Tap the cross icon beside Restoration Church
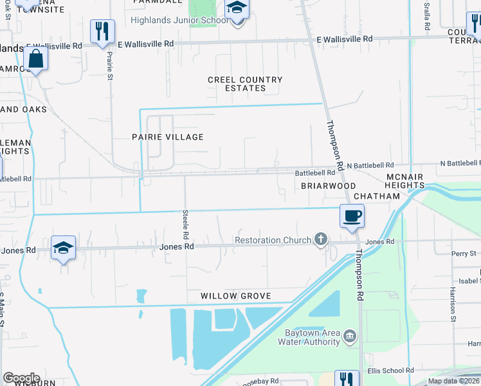pyautogui.click(x=320, y=240)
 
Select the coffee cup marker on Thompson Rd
pyautogui.click(x=352, y=216)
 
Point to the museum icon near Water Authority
pyautogui.click(x=349, y=335)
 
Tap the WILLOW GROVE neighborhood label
pyautogui.click(x=235, y=296)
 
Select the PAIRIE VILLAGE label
pyautogui.click(x=167, y=137)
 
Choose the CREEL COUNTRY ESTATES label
pyautogui.click(x=245, y=84)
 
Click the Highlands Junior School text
pyautogui.click(x=179, y=20)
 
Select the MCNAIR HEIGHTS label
pyautogui.click(x=405, y=181)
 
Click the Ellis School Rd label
pyautogui.click(x=390, y=370)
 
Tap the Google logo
pyautogui.click(x=21, y=378)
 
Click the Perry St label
pyautogui.click(x=463, y=253)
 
